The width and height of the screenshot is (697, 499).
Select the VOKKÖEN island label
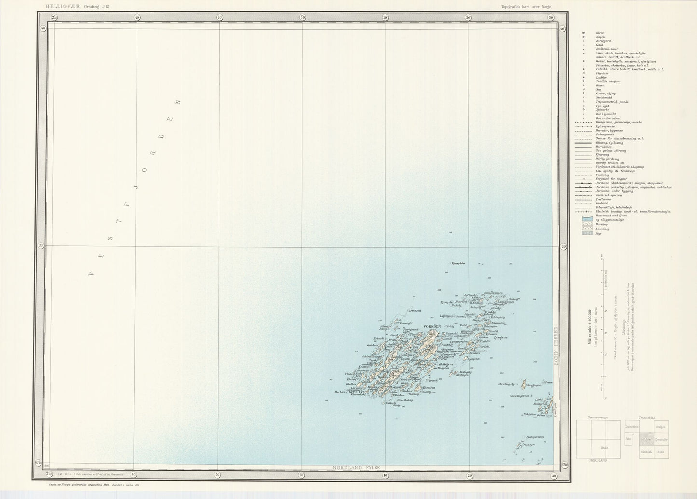point(432,327)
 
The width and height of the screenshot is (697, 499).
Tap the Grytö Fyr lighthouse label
point(358,392)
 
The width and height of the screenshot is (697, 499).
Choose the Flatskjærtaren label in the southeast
point(535,437)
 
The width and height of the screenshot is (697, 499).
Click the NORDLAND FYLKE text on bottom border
point(356,468)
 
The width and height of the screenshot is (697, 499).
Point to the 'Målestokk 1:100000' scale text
point(588,328)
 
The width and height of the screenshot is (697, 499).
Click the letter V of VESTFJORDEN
point(91,274)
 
